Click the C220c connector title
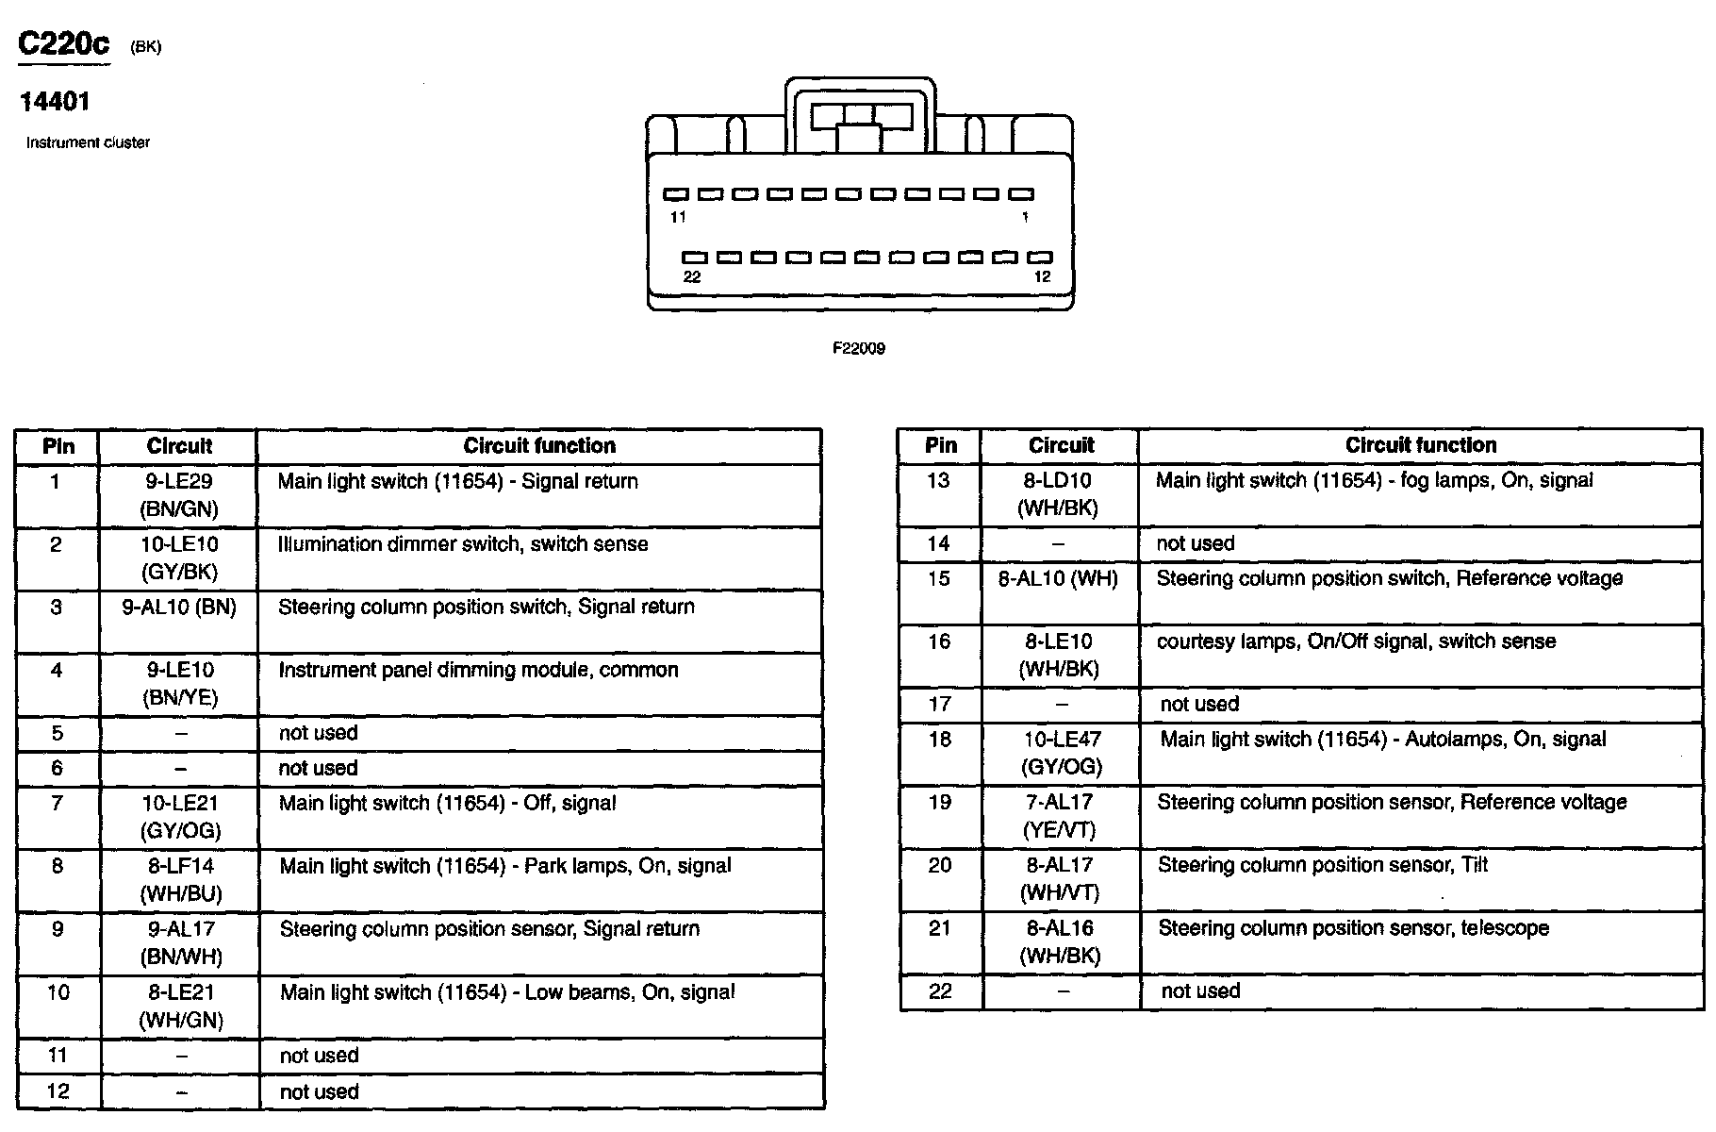[x=64, y=44]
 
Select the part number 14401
[x=55, y=102]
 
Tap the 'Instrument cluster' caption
[x=88, y=142]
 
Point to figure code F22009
[x=858, y=348]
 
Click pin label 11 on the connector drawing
[x=678, y=217]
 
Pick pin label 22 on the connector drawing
[x=692, y=276]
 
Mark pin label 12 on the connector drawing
[x=1042, y=276]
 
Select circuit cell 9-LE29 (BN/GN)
[x=179, y=495]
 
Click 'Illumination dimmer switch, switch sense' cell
[x=463, y=544]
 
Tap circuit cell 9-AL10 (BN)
[x=179, y=608]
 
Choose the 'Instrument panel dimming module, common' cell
[x=478, y=671]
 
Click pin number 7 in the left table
[x=57, y=804]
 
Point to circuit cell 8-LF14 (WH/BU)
[x=180, y=879]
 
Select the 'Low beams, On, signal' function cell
[x=507, y=992]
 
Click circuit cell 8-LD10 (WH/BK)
[x=1058, y=494]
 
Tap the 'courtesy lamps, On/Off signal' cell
[x=1356, y=641]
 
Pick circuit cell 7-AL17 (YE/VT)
[x=1060, y=816]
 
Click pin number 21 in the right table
[x=939, y=928]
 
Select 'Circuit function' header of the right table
[x=1420, y=445]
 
